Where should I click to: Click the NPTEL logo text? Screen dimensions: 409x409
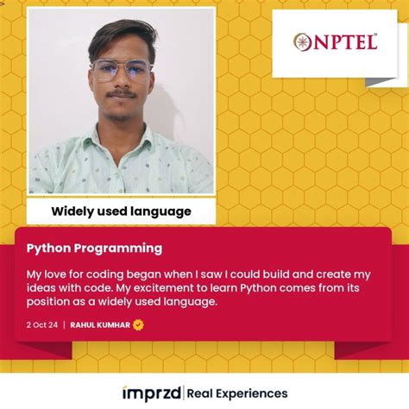tap(343, 41)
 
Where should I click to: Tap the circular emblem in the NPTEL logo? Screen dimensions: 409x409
tap(303, 42)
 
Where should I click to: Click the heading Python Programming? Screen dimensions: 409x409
tap(94, 249)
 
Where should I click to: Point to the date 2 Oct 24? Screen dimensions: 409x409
tap(41, 324)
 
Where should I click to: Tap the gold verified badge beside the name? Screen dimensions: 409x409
tap(138, 324)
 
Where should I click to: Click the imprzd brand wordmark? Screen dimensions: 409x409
tap(152, 393)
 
